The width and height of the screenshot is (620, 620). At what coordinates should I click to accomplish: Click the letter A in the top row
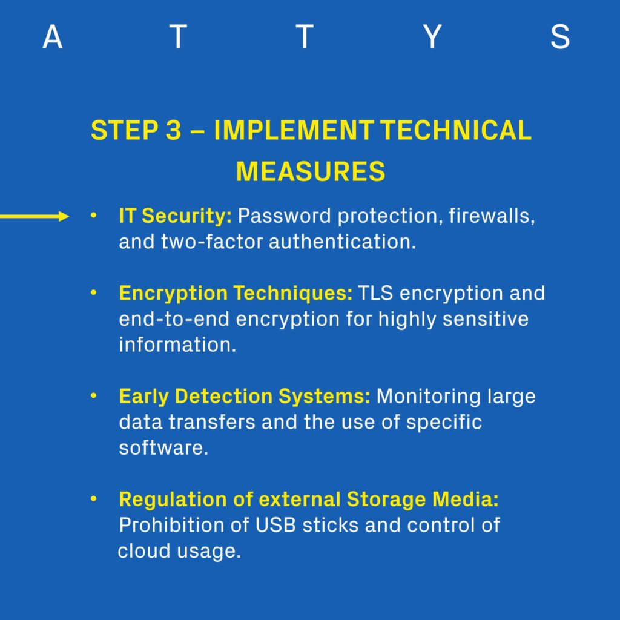point(53,37)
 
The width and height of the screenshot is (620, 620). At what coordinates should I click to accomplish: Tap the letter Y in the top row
point(432,37)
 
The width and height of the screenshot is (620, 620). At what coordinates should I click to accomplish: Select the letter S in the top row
point(560,37)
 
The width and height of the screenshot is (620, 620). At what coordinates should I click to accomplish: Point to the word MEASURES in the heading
point(311,171)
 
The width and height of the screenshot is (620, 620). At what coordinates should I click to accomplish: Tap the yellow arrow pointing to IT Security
point(35,216)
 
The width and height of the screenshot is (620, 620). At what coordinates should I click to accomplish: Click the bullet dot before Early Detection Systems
point(93,396)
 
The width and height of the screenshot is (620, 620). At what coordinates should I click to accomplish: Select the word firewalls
point(492,216)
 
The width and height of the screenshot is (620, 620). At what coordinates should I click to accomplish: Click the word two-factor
point(212,242)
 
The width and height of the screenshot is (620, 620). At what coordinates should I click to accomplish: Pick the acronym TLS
point(375,294)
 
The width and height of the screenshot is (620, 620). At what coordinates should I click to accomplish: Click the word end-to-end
point(174,319)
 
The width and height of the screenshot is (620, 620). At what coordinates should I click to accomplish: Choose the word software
point(163,447)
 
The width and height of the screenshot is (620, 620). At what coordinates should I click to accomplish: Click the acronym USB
point(275,525)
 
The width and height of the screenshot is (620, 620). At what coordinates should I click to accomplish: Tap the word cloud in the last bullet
point(144,551)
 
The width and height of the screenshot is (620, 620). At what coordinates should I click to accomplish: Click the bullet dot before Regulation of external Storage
point(93,499)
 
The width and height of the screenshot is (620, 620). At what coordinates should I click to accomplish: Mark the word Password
point(285,216)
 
